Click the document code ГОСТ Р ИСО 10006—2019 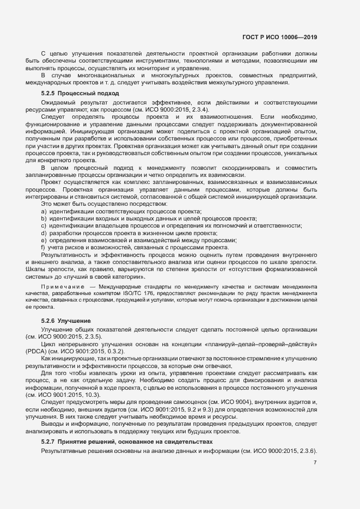pyautogui.click(x=279, y=38)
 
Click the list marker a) pyautogui.click(x=43, y=211)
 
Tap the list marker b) pyautogui.click(x=43, y=218)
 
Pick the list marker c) pyautogui.click(x=43, y=225)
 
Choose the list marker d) pyautogui.click(x=43, y=233)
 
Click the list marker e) pyautogui.click(x=43, y=240)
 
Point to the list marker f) pyautogui.click(x=43, y=247)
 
